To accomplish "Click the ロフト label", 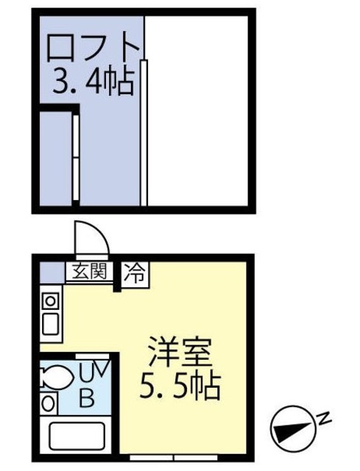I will click(x=93, y=49).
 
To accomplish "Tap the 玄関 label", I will click(x=89, y=272).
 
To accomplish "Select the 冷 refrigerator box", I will click(x=135, y=274).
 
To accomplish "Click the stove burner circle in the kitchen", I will click(x=49, y=301).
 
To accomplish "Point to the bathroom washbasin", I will click(x=48, y=404).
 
